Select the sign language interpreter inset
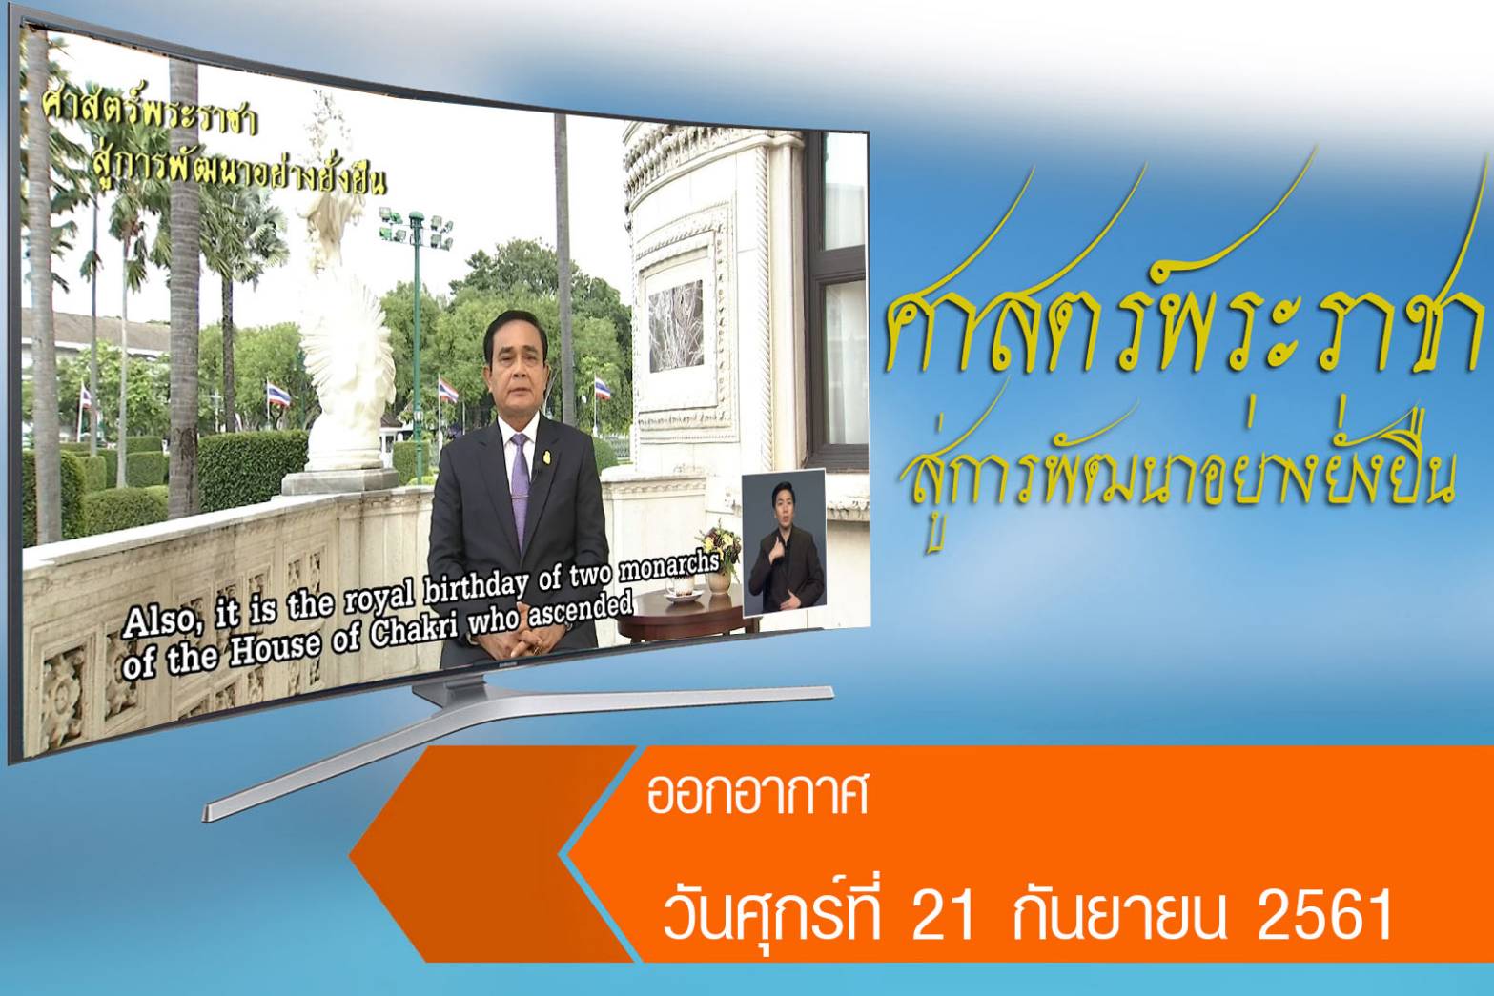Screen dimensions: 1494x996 pyautogui.click(x=785, y=542)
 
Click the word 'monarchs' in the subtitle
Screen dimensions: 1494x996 pyautogui.click(x=669, y=567)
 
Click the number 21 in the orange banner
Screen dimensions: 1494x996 pyautogui.click(x=942, y=915)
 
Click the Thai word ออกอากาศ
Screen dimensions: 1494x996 pyautogui.click(x=758, y=795)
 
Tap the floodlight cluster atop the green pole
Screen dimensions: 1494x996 pyautogui.click(x=417, y=228)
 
